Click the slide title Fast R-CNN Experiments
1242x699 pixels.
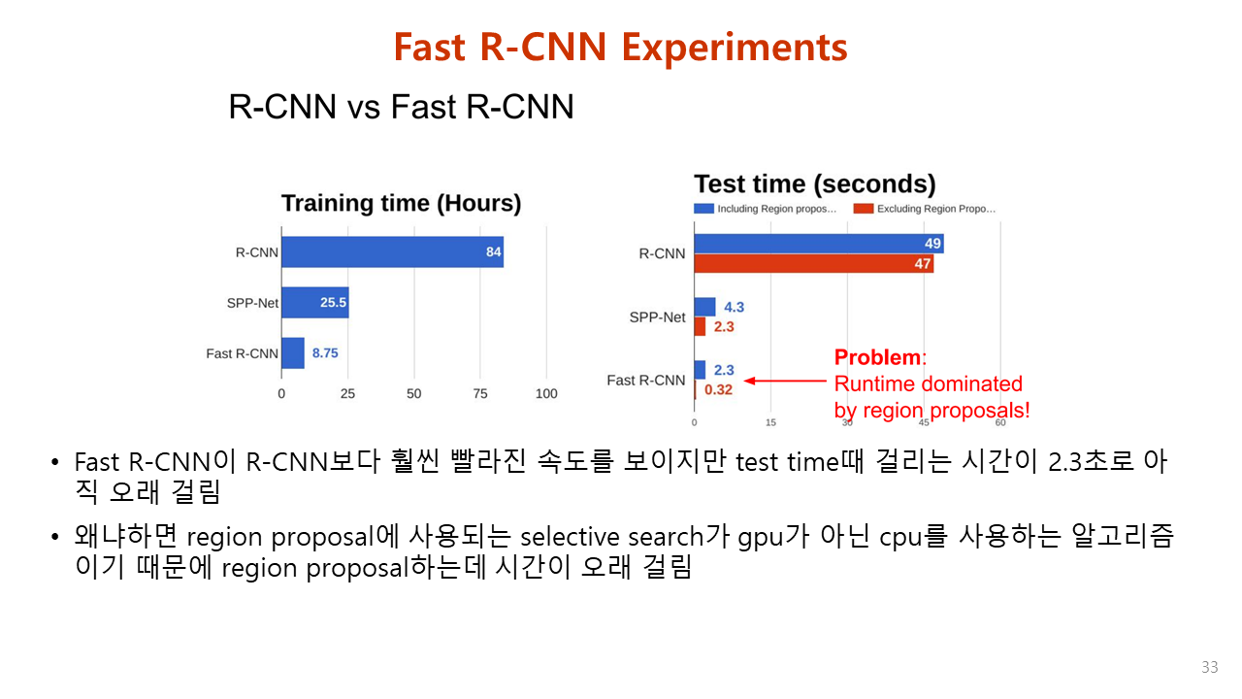point(620,47)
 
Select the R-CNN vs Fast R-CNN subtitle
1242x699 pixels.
point(401,107)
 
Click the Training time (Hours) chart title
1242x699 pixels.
point(401,204)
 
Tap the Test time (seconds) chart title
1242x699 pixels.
point(814,184)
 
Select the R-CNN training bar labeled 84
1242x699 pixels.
point(392,252)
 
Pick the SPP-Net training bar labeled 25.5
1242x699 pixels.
point(315,303)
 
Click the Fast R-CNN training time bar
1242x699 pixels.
point(293,353)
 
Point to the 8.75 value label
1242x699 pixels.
point(325,353)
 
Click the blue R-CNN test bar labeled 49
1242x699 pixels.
point(818,244)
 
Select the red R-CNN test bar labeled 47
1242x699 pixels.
point(813,264)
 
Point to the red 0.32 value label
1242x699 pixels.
point(718,389)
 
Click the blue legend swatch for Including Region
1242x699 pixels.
point(703,209)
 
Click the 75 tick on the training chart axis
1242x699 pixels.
point(479,394)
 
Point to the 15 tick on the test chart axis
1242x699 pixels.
point(770,422)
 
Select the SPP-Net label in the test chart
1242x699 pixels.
point(657,317)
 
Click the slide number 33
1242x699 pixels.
point(1209,668)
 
